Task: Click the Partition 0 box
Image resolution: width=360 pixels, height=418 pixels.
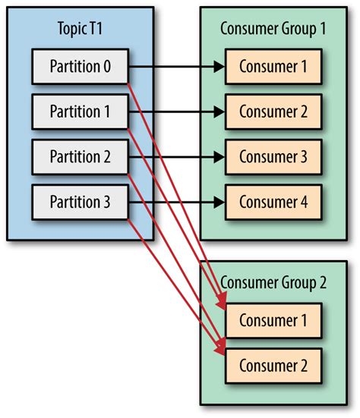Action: [81, 68]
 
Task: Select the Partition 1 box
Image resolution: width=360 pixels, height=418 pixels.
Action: [81, 112]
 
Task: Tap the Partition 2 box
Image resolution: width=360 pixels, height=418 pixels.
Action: [81, 157]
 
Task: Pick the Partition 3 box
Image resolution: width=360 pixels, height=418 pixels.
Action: [81, 202]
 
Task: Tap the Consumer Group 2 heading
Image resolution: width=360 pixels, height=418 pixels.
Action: [273, 283]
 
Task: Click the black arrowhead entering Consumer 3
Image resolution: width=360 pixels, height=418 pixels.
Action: [219, 157]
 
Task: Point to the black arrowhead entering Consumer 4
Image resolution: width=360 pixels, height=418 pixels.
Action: [219, 202]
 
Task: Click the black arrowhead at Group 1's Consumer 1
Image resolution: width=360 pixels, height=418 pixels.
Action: [219, 68]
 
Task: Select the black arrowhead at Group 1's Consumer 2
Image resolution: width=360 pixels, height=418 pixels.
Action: [219, 112]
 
